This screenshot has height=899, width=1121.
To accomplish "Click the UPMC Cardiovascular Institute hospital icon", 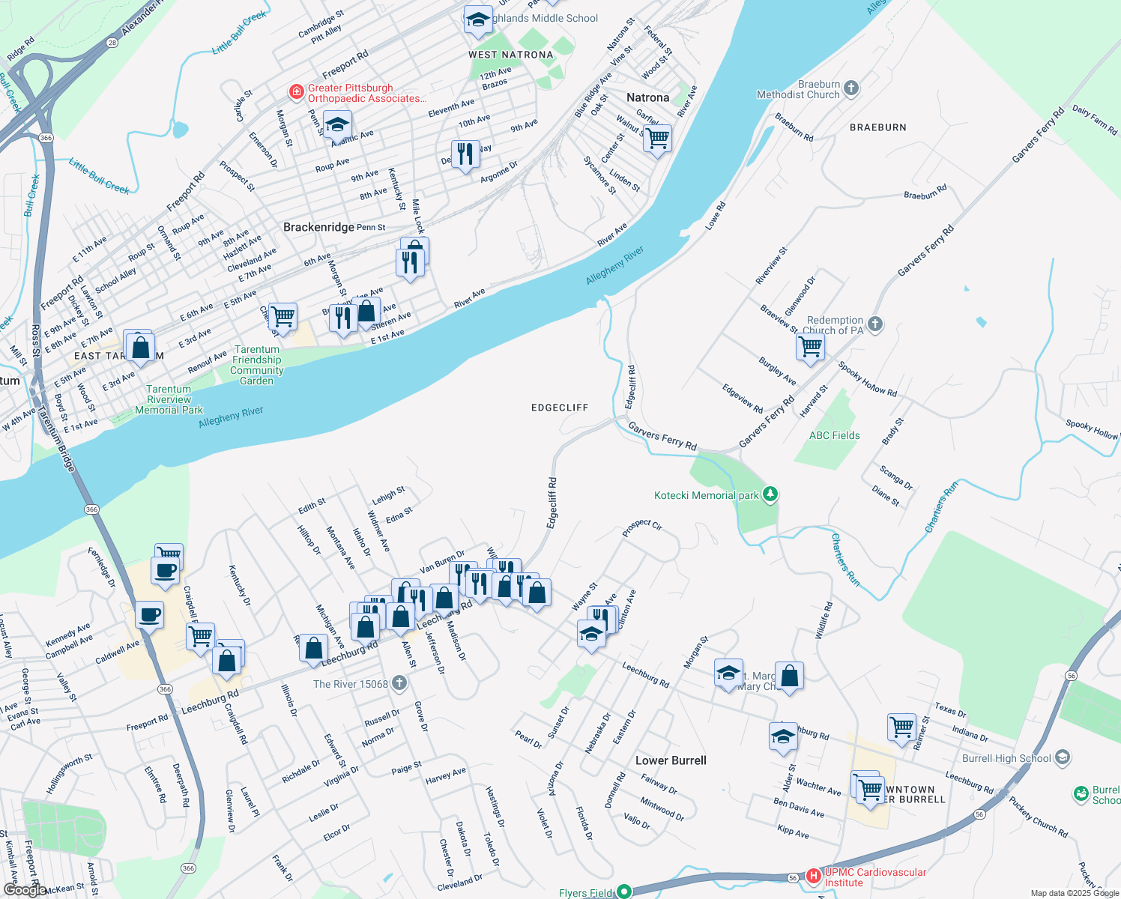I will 814,876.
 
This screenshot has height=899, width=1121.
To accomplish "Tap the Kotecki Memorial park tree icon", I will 770,494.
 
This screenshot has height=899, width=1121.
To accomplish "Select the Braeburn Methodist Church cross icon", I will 850,88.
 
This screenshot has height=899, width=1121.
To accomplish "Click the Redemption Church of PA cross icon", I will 874,325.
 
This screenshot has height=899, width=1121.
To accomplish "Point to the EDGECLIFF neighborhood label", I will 560,408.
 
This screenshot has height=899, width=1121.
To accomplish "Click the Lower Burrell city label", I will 671,760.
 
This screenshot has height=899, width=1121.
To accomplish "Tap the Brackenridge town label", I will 318,227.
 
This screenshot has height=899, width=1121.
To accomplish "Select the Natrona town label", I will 647,97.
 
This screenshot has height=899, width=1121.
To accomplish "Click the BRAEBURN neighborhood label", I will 877,127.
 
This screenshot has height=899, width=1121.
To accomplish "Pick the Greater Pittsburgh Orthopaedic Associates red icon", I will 297,92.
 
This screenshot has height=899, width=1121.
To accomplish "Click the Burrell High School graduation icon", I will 1062,758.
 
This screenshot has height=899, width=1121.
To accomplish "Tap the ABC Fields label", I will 834,435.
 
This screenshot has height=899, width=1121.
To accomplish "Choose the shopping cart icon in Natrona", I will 657,138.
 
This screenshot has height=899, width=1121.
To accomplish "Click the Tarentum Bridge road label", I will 57,438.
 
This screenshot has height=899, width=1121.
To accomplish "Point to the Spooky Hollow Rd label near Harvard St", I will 867,379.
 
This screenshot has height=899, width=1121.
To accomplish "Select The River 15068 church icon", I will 399,683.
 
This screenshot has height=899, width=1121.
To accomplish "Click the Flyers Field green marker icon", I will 623,892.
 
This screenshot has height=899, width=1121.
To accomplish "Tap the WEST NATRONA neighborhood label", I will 510,55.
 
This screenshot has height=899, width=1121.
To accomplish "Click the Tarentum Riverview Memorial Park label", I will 169,399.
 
